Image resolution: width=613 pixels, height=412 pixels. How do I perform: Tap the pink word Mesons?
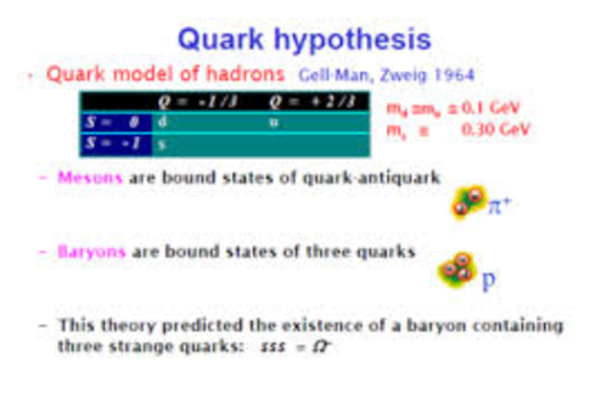click(x=90, y=177)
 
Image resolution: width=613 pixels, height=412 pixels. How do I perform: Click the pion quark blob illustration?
click(x=468, y=203)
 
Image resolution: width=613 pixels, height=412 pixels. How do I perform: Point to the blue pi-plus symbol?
click(x=501, y=205)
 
